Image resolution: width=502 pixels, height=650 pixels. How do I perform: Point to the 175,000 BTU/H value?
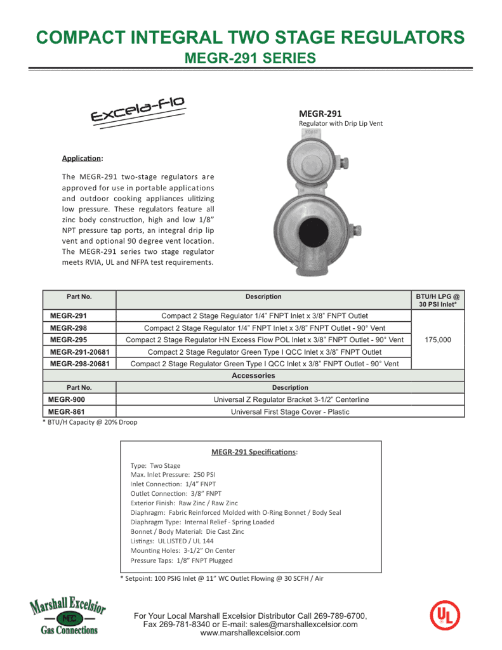438,340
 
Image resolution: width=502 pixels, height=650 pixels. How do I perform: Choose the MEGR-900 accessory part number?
67,400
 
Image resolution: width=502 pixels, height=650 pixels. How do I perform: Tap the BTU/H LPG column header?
438,300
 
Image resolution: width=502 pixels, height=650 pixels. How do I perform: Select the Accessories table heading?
253,376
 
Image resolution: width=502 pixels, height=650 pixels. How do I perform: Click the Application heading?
82,158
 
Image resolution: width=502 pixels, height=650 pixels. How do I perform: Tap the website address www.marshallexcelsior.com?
250,633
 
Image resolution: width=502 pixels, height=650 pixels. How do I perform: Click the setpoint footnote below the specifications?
221,578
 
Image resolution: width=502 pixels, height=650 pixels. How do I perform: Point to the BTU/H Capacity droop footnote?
89,422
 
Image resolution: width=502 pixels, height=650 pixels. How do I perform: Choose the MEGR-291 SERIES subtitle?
249,58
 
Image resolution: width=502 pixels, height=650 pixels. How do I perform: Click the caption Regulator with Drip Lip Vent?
341,124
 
